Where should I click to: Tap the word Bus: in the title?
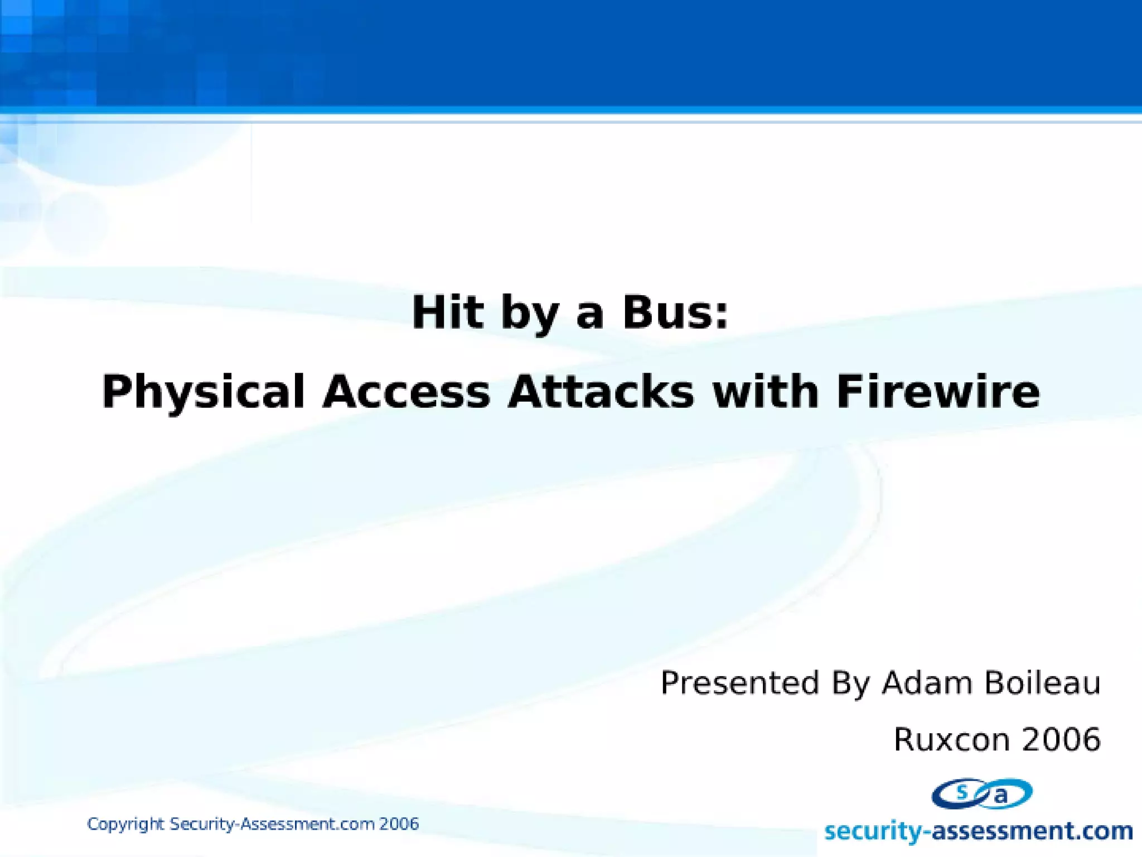tap(675, 312)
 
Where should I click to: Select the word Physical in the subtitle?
tap(204, 392)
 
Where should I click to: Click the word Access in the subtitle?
tap(407, 392)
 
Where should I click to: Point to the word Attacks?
tap(601, 392)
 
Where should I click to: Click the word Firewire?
tap(938, 392)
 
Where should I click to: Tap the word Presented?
tap(739, 683)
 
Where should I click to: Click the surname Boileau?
tap(1042, 683)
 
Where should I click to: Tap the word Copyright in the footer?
tap(125, 825)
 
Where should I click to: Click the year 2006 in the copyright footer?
tap(399, 824)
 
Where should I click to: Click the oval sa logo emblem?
tap(982, 794)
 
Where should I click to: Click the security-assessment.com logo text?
tap(979, 831)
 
